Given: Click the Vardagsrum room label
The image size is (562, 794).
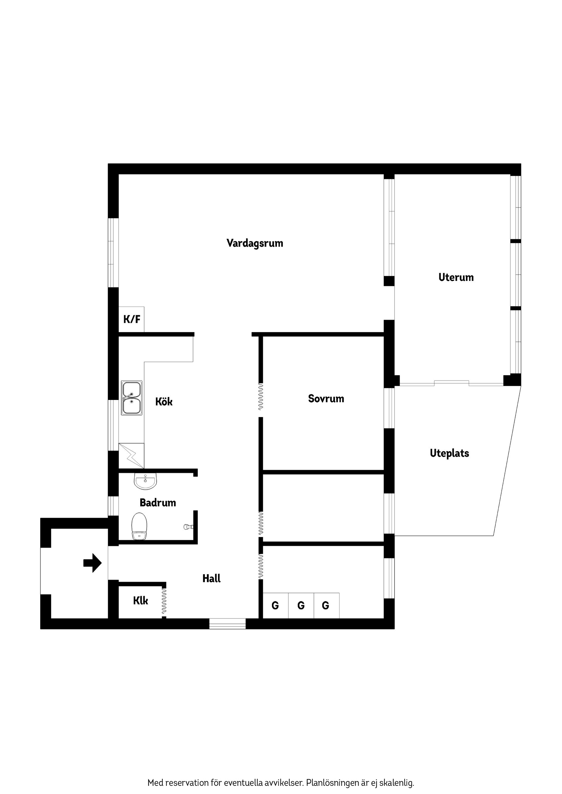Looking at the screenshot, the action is (x=255, y=243).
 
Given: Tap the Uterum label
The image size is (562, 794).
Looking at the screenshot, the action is (x=456, y=277).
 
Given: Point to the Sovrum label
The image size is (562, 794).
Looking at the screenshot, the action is (x=326, y=399).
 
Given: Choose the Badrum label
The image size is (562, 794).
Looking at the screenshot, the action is (x=157, y=503).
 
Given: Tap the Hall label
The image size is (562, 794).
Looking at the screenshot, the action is (x=211, y=578).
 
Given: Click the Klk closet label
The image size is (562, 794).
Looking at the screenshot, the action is (x=140, y=601).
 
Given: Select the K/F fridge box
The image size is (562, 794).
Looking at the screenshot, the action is (x=132, y=319).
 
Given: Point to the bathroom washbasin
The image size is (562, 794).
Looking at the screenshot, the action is (x=145, y=481).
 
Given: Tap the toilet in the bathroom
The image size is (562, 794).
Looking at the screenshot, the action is (x=140, y=526).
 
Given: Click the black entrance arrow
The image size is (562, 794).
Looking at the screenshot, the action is (x=92, y=563).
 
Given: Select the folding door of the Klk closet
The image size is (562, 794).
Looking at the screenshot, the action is (x=164, y=601).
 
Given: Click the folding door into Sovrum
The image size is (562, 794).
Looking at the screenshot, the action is (x=261, y=397).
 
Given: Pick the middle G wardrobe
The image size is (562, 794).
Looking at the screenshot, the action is (x=301, y=605).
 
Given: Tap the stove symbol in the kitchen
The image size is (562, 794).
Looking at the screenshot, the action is (x=131, y=456).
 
